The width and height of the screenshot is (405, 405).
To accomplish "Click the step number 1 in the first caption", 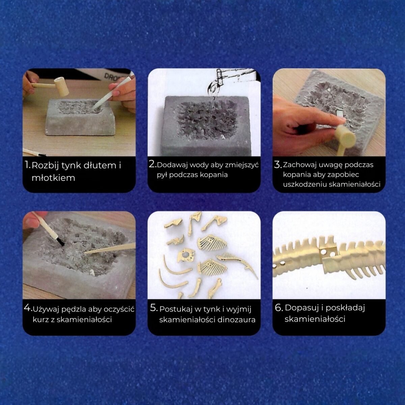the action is click(x=27, y=165).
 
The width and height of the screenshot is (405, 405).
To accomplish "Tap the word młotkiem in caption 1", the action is click(x=53, y=178).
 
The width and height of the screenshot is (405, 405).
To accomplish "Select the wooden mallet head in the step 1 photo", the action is click(x=62, y=87).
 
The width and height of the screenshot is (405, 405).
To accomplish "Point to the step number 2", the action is click(x=152, y=164).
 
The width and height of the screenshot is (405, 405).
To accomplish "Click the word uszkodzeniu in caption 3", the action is click(x=305, y=184).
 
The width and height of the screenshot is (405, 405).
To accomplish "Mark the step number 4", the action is click(x=27, y=308).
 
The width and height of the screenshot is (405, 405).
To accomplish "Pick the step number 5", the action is click(x=154, y=308).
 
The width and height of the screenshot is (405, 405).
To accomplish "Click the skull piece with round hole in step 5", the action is click(x=186, y=255).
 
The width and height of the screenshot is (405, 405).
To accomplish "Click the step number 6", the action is click(x=279, y=308).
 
